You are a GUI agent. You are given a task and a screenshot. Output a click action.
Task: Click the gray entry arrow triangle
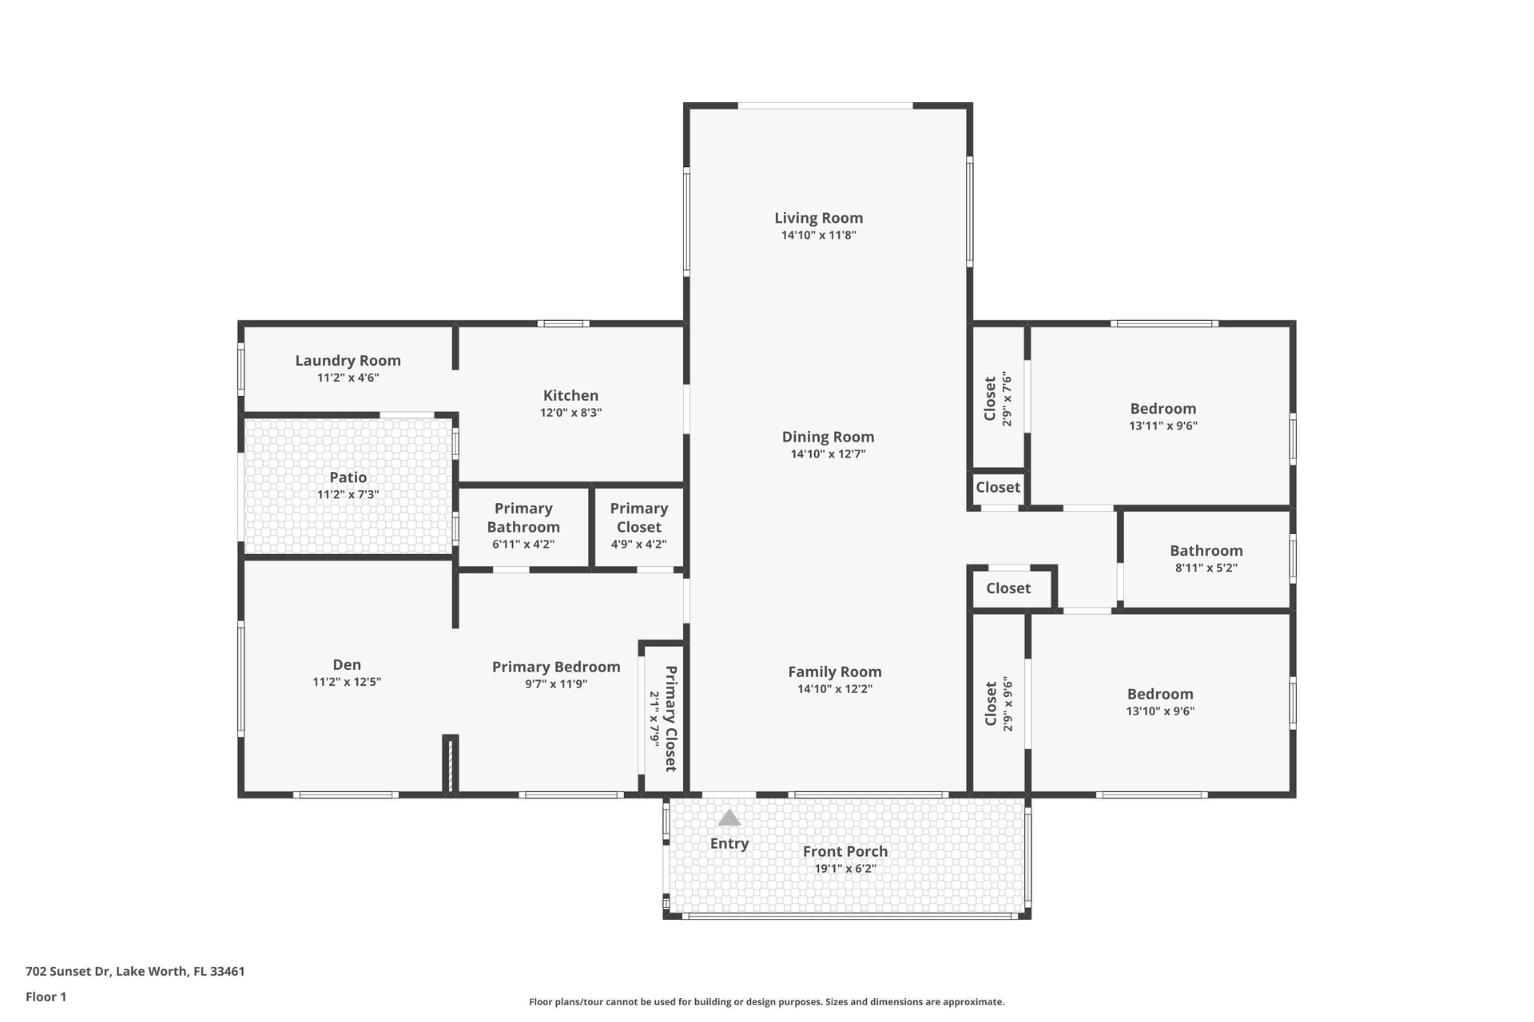(729, 818)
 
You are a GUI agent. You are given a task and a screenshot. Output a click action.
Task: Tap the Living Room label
(818, 218)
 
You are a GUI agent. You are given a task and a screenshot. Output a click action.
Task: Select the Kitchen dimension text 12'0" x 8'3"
(570, 413)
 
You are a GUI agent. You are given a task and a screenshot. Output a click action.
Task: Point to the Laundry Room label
(348, 361)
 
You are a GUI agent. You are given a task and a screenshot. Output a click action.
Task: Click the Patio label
(348, 477)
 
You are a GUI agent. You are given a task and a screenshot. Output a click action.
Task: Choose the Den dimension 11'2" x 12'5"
(347, 682)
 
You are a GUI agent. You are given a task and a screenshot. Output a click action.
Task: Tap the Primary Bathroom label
(523, 517)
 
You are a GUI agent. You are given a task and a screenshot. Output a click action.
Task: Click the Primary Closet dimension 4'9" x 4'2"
(638, 545)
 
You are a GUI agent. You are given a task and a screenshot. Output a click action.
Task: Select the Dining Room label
(828, 437)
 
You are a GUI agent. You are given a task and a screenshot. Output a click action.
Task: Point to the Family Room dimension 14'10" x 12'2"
(835, 689)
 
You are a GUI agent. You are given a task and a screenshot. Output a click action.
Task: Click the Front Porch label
(845, 852)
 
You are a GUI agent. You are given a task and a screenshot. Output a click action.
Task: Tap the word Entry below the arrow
(729, 844)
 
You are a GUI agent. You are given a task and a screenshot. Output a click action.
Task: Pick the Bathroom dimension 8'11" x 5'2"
(1206, 568)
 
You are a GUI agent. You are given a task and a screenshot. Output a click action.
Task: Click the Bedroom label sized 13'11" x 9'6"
(1162, 409)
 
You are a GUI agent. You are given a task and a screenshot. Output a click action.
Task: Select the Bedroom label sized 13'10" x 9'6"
(1160, 695)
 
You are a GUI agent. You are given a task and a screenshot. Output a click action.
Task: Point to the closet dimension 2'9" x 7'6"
(1007, 399)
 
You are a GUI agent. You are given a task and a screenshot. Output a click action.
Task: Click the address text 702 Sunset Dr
(70, 972)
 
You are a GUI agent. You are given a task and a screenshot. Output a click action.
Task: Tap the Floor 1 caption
(46, 996)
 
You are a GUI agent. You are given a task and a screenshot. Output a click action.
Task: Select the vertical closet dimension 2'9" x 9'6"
(1007, 704)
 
